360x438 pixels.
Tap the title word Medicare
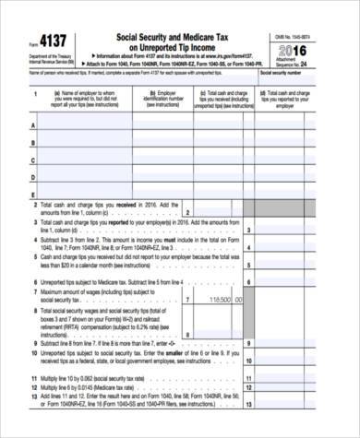209,36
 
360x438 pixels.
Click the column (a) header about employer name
84,98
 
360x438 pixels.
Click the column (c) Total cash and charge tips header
226,98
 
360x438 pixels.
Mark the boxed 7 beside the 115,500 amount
187,300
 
